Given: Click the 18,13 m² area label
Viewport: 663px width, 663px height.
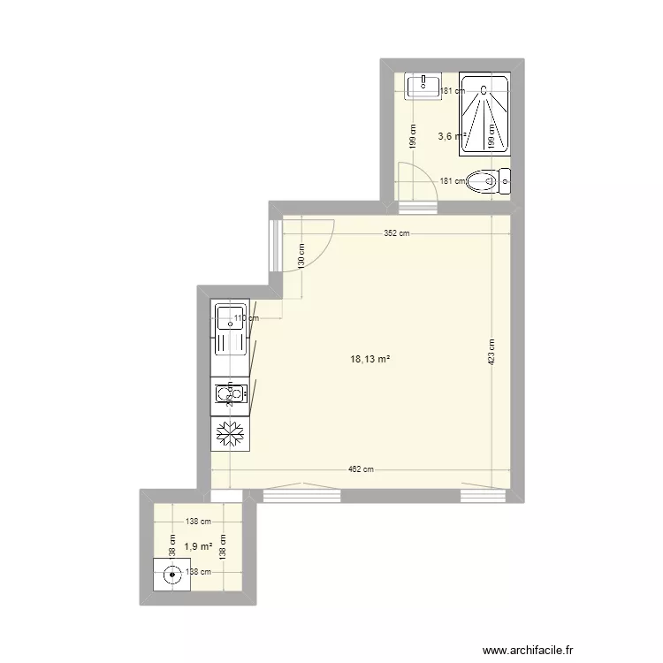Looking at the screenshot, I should point(370,360).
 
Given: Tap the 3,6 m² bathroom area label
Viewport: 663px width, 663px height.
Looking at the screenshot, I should point(451,136).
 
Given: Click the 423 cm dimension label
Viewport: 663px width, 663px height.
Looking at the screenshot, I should point(492,354).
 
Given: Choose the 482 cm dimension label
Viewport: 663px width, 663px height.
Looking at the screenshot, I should point(362,470).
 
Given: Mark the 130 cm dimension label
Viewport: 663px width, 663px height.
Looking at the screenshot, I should point(301,257).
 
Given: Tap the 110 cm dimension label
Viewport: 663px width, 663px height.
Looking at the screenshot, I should point(246,319).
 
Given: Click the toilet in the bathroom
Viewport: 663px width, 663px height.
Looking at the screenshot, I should point(485,182).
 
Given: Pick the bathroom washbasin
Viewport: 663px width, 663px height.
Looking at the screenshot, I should point(423,86).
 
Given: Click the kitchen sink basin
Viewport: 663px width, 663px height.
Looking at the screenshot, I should point(231,316).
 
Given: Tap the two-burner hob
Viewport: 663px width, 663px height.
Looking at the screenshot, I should point(230,395).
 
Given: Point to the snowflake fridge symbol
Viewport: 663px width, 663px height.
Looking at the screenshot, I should point(231,433).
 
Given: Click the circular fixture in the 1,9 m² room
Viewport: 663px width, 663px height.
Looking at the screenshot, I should point(171,575).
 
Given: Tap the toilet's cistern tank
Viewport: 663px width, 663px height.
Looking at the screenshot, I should point(505,182).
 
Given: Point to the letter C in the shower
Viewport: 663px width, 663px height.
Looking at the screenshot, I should point(484,88).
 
